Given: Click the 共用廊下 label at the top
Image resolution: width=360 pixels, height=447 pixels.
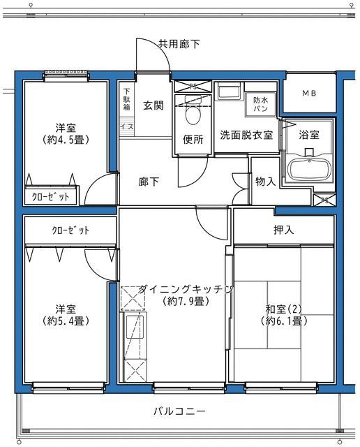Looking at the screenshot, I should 179,44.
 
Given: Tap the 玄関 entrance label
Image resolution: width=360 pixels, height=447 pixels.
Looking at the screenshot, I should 153,106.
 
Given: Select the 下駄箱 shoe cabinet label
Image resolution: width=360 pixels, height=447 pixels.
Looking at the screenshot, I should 127,99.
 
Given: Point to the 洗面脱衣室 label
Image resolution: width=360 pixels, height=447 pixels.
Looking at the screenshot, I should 246,134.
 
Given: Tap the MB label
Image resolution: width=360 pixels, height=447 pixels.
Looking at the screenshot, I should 308,94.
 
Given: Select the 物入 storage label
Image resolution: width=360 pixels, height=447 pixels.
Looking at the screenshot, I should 265,182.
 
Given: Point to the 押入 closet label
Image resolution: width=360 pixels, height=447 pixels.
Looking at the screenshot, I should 283,229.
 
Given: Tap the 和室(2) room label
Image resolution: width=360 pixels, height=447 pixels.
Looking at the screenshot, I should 283,308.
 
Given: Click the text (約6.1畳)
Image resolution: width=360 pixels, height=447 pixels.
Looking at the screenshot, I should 283,321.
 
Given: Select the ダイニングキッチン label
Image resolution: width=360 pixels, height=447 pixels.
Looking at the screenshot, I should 185,288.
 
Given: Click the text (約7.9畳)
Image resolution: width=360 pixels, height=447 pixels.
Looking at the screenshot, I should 185,302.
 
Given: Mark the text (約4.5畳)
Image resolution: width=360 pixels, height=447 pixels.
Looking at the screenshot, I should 66,139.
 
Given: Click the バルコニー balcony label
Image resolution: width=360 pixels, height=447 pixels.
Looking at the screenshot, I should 179,411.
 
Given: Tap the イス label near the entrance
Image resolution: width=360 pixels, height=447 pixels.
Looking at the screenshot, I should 126,126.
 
